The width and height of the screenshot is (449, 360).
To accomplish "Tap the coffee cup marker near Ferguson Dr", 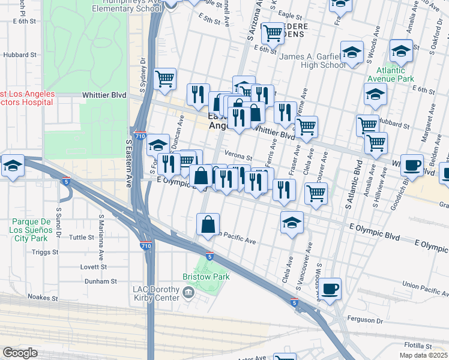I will click(x=330, y=289).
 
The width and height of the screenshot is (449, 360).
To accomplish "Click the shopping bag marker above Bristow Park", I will click(x=208, y=224).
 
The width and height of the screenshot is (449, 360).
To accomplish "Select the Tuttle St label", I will click(x=82, y=237).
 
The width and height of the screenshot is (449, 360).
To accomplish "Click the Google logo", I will click(x=20, y=353).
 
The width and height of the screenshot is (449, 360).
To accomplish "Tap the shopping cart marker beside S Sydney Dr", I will click(x=164, y=79).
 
